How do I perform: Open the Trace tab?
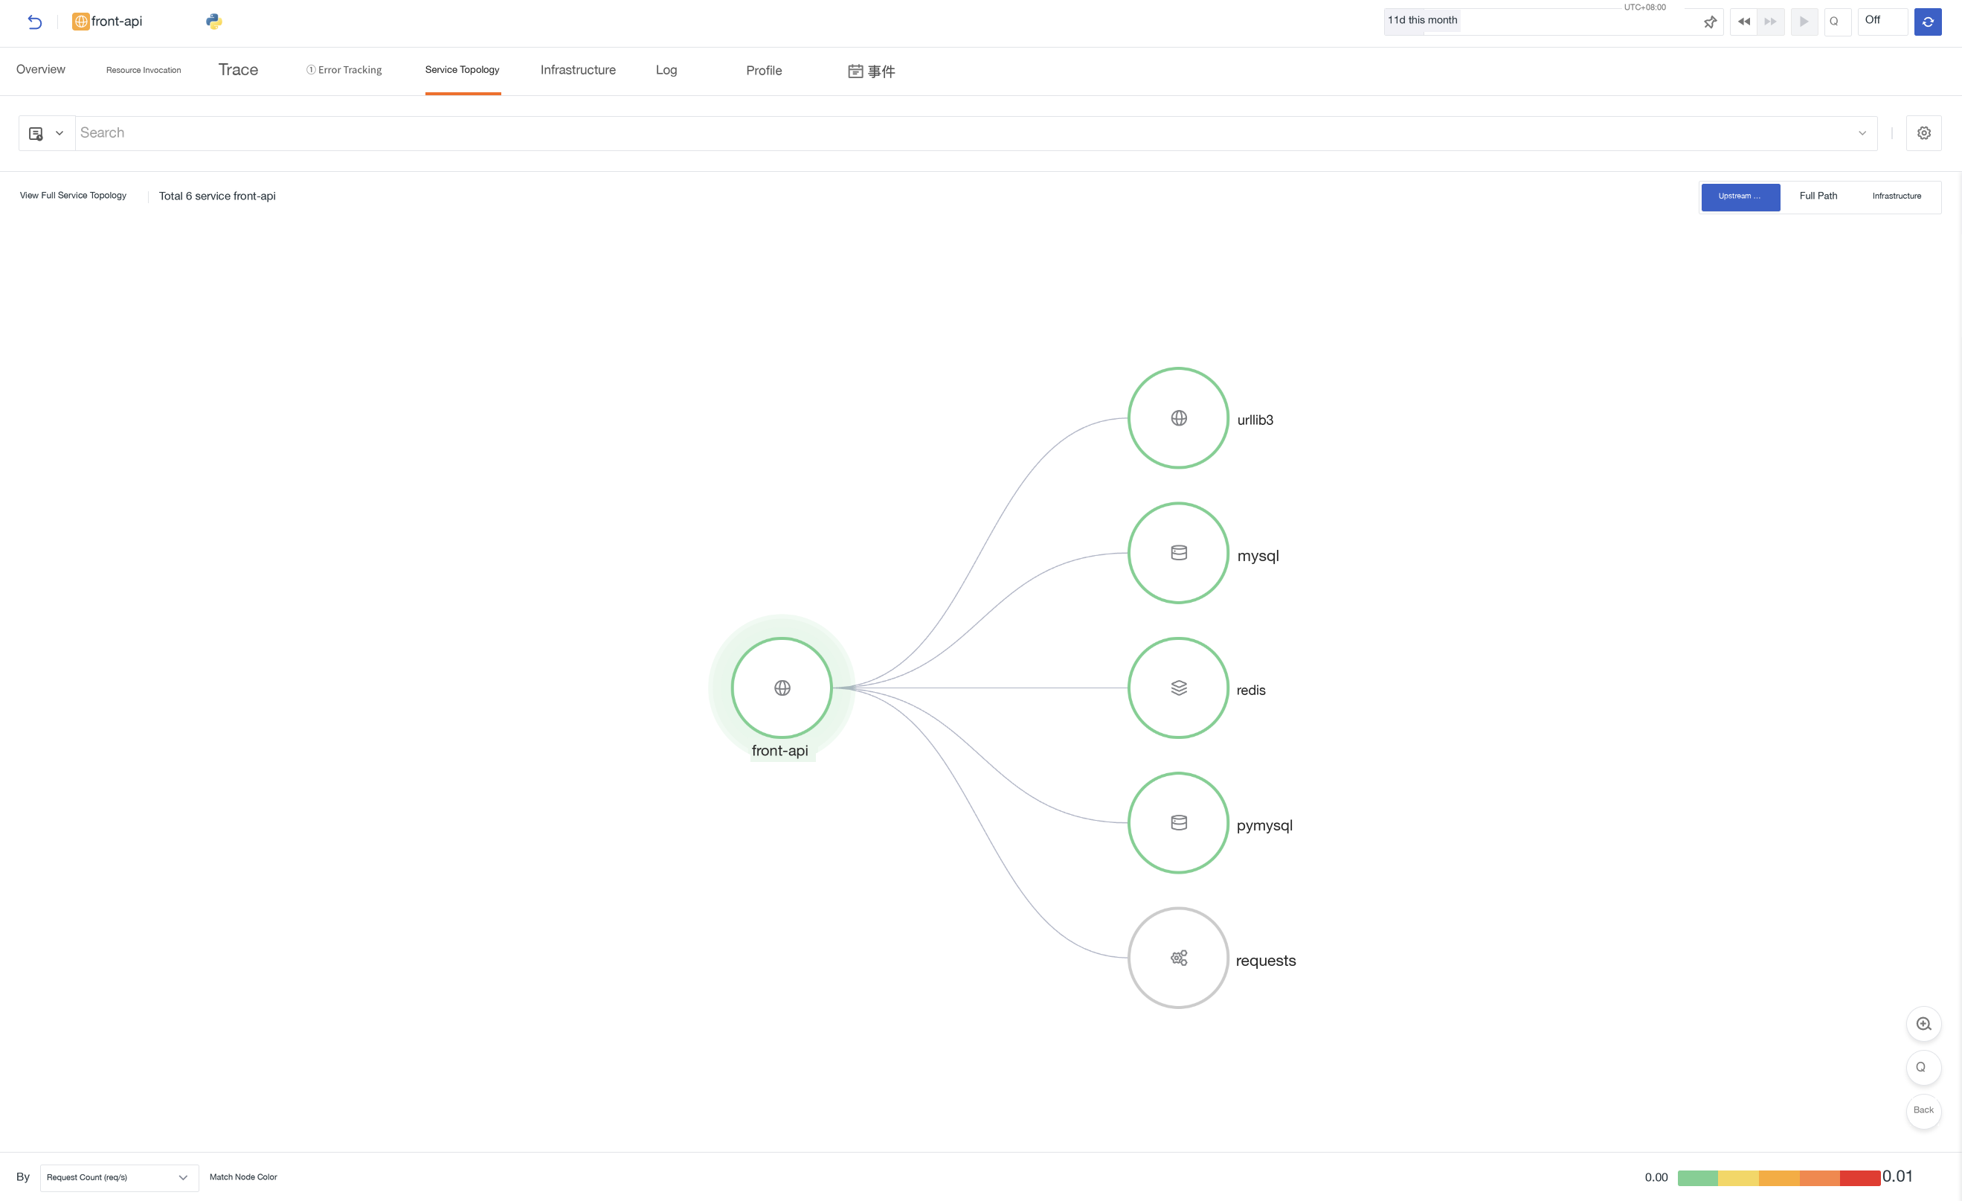(238, 70)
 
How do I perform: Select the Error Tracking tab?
(344, 70)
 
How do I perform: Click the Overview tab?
(41, 69)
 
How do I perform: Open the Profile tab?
(764, 71)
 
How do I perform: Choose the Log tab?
(666, 70)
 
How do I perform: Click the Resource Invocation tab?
(144, 70)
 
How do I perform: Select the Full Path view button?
(1818, 196)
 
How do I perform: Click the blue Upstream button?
(1740, 196)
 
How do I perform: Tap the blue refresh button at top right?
(1928, 22)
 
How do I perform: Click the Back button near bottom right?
(1923, 1110)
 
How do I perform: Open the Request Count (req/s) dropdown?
(119, 1177)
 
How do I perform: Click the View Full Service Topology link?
(73, 196)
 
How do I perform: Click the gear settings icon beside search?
(1924, 133)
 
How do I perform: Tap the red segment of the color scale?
(1860, 1178)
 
